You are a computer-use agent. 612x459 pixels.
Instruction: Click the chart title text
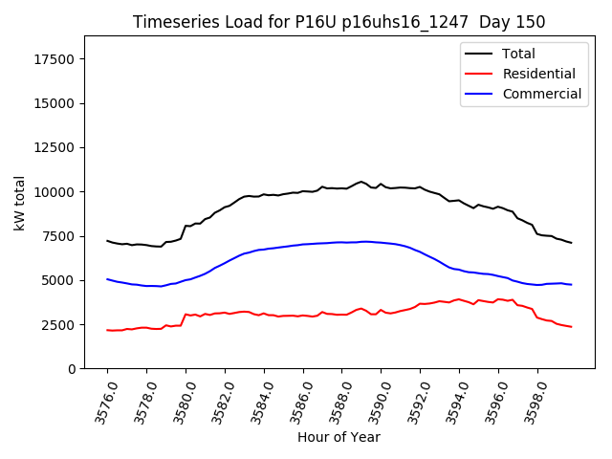coord(339,22)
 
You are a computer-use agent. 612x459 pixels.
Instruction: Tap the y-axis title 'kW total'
coord(19,203)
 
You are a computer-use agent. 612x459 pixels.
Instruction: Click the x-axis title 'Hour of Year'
coord(339,437)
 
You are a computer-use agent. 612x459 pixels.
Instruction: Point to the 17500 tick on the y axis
coord(54,59)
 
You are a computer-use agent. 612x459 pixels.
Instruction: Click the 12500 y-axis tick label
coord(54,148)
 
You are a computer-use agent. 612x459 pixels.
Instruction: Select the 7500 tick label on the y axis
coord(57,236)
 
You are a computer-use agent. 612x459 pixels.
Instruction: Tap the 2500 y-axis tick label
coord(57,325)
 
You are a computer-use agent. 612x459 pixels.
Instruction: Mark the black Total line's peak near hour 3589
coord(361,181)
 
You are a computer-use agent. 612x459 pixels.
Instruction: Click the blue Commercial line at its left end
coord(107,279)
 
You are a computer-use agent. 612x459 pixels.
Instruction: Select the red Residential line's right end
coord(571,327)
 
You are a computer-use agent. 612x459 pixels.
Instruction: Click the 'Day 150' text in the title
coord(517,22)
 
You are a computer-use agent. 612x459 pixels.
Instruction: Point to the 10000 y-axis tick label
coord(54,192)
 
